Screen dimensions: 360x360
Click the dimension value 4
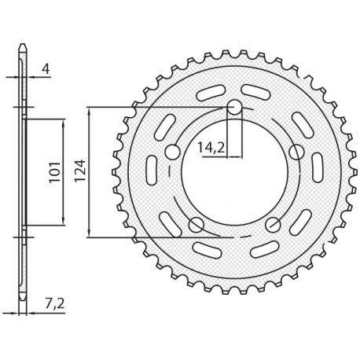[x=46, y=69]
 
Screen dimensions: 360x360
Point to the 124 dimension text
[x=79, y=171]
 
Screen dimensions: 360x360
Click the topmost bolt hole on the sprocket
[x=234, y=108]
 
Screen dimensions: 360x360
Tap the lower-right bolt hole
[x=273, y=224]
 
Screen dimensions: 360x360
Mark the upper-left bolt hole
[x=173, y=152]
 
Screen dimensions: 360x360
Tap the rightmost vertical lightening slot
[x=318, y=167]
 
